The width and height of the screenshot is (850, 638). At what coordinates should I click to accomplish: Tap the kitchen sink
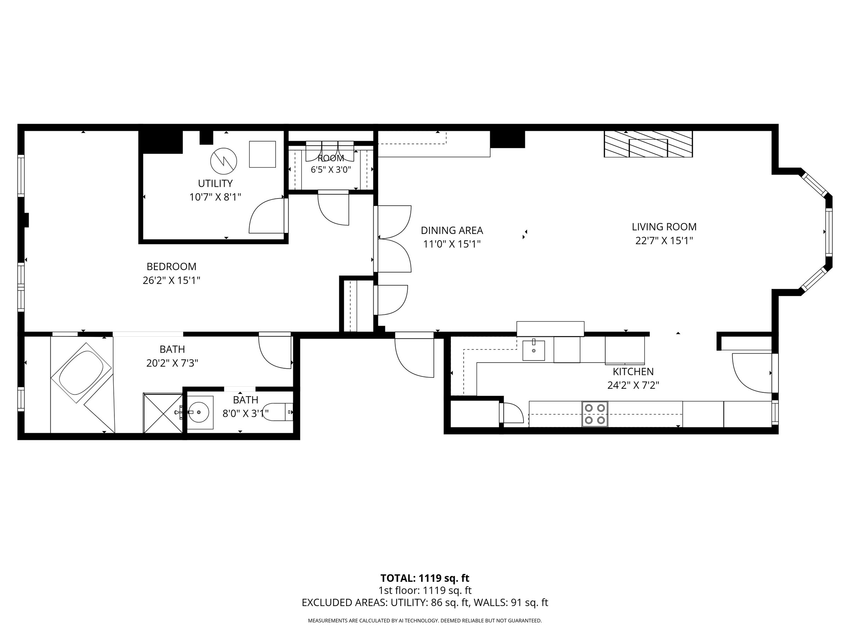[533, 350]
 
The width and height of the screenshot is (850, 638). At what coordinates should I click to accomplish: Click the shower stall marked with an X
[163, 413]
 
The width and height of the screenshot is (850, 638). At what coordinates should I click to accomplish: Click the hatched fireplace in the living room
[648, 144]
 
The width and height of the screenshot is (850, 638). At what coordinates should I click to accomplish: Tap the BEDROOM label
[171, 267]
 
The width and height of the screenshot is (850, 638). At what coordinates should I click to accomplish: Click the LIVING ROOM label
[664, 227]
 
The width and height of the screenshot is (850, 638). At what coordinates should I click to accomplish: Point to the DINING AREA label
[452, 230]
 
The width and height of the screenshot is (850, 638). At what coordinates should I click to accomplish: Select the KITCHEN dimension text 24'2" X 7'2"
[633, 385]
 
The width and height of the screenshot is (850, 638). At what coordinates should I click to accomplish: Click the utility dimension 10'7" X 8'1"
[215, 197]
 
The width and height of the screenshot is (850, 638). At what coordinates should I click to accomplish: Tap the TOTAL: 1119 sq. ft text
[425, 578]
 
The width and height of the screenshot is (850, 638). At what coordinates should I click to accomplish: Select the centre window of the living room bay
[829, 232]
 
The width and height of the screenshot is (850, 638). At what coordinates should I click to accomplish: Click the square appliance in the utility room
[262, 154]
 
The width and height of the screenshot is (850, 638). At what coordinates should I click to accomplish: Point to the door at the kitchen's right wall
[753, 373]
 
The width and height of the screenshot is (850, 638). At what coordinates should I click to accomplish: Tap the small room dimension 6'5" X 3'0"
[331, 169]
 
